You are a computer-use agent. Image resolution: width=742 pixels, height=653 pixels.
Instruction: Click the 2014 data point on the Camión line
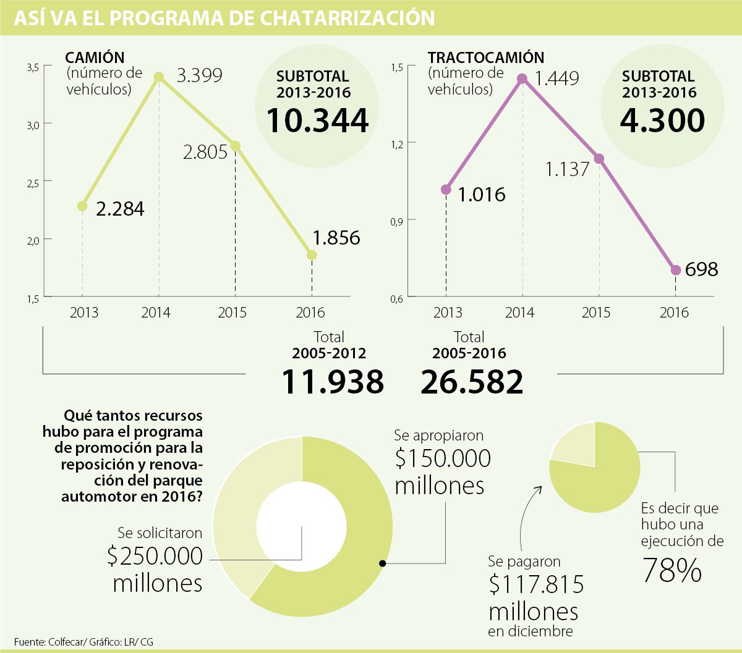coord(159,77)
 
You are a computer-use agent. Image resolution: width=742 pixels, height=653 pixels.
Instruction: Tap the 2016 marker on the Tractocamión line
coord(676,270)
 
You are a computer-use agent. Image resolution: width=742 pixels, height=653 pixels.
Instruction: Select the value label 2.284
coord(120,209)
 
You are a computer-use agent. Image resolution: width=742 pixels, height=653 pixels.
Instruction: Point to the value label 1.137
coord(567,169)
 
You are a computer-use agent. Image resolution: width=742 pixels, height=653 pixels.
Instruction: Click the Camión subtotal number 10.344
coord(318,120)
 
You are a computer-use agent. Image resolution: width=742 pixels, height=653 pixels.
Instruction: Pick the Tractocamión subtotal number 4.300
coord(662,120)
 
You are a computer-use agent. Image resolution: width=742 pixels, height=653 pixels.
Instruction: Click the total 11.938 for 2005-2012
coord(333,382)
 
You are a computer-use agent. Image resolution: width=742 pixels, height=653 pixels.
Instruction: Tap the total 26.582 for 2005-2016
coord(472,382)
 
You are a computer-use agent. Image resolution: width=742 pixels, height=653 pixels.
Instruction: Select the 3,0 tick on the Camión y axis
coord(33,125)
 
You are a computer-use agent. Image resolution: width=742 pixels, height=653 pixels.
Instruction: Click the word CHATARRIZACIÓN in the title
coord(348,18)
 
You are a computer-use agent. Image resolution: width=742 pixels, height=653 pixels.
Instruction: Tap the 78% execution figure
coord(672,570)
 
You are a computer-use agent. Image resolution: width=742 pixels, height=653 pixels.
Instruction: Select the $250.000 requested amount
coord(155,556)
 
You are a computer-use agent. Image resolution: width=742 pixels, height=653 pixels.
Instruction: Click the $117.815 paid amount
coord(536,584)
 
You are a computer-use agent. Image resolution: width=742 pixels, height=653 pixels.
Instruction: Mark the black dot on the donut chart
coord(383,563)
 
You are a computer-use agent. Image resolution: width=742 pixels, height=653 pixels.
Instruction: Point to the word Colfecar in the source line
coord(67,642)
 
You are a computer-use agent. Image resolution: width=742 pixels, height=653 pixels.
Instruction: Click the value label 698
coord(701,269)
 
